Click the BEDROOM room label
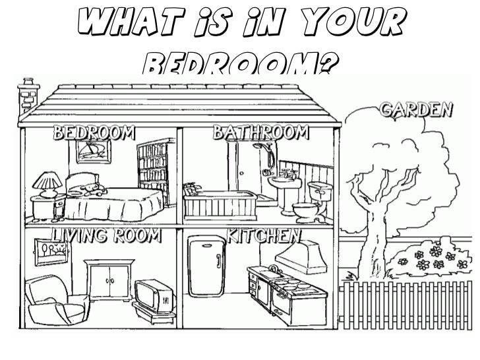[x=94, y=132]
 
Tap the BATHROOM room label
[x=260, y=132]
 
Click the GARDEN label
[x=416, y=109]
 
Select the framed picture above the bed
[x=90, y=153]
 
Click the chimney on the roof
[x=28, y=94]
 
